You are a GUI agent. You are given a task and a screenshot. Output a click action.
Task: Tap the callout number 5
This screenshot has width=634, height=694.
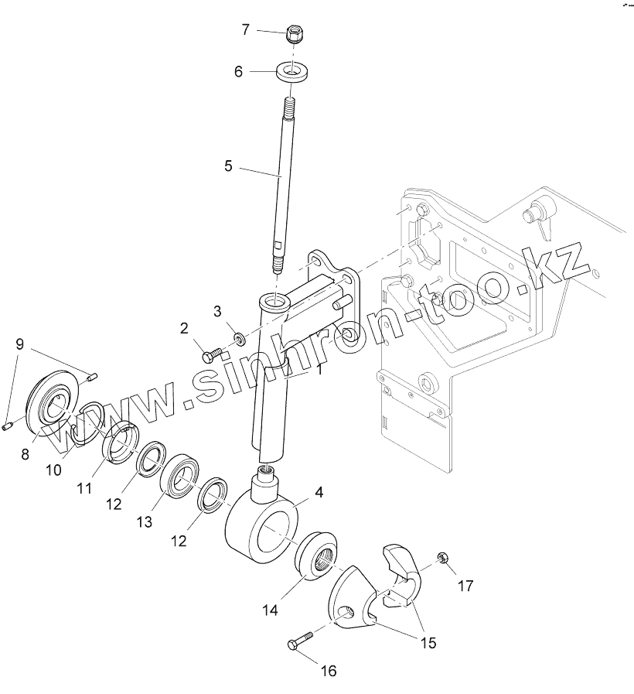click(x=228, y=166)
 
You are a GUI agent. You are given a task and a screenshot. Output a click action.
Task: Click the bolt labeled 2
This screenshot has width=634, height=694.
click(x=212, y=355)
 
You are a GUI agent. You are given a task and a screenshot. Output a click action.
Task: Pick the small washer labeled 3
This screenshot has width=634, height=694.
click(x=240, y=337)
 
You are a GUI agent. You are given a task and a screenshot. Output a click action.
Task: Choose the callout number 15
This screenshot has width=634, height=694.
click(x=428, y=642)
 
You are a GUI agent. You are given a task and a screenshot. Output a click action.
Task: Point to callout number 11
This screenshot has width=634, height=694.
click(x=83, y=488)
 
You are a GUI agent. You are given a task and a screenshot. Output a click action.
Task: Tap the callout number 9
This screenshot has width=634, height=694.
click(x=20, y=344)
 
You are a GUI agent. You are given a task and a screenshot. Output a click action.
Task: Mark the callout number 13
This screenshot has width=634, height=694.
click(x=145, y=522)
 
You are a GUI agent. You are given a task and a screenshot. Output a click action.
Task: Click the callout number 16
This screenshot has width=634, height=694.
click(x=329, y=671)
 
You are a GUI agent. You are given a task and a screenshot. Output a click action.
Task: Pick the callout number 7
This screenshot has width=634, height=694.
click(x=246, y=30)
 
